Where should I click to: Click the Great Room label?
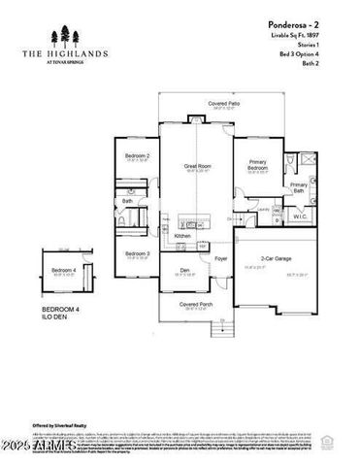tap(198, 167)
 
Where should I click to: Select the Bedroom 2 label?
tap(137, 155)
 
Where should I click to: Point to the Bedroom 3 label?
tap(137, 253)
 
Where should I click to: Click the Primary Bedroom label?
tap(257, 165)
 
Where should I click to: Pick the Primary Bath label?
tap(298, 187)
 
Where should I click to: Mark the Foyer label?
tap(220, 259)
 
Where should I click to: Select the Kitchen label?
tap(182, 235)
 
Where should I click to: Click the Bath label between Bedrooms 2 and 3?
tap(126, 201)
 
